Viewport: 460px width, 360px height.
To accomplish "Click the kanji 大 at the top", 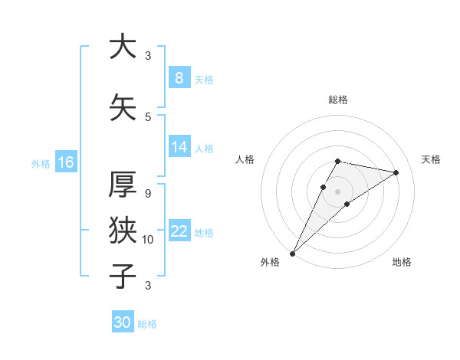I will click(x=123, y=47).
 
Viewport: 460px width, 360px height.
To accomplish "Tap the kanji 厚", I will click(x=123, y=185).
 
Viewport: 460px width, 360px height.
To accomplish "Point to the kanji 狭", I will click(x=123, y=230).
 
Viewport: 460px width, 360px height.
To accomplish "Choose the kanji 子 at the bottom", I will click(x=123, y=276).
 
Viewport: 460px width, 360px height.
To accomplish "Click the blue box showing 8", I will click(x=179, y=78).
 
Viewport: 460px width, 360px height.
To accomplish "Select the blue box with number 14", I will click(x=179, y=147).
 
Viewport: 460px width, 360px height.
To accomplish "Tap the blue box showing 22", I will click(x=179, y=231).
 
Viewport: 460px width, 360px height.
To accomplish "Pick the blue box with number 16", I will click(x=65, y=162).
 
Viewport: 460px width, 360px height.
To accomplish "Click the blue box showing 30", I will click(x=122, y=322).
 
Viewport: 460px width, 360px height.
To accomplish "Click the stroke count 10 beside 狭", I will click(x=148, y=240).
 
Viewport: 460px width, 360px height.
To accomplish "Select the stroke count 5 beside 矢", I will click(x=148, y=117).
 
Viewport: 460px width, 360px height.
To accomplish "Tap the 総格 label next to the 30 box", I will click(x=147, y=324).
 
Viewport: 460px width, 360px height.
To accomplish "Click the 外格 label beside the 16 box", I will click(x=40, y=163).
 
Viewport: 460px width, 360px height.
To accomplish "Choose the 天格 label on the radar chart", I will click(x=431, y=159).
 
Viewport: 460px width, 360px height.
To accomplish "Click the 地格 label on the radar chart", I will click(x=402, y=262).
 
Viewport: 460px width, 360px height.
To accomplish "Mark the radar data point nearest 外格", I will click(x=293, y=253).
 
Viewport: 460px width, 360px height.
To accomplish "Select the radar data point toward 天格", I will click(x=396, y=172).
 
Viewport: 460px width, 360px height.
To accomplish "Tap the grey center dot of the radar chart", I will click(x=337, y=191).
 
